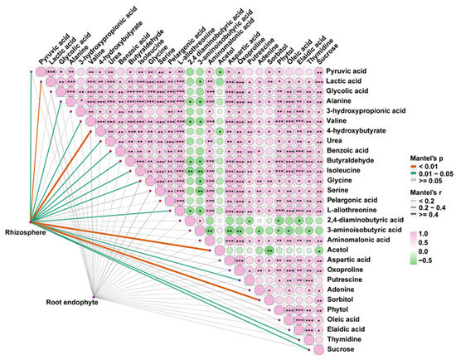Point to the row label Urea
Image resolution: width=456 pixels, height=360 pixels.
tap(337, 144)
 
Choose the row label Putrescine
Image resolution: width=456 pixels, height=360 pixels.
tap(348, 282)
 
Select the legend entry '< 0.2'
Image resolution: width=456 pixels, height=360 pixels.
tap(430, 202)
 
